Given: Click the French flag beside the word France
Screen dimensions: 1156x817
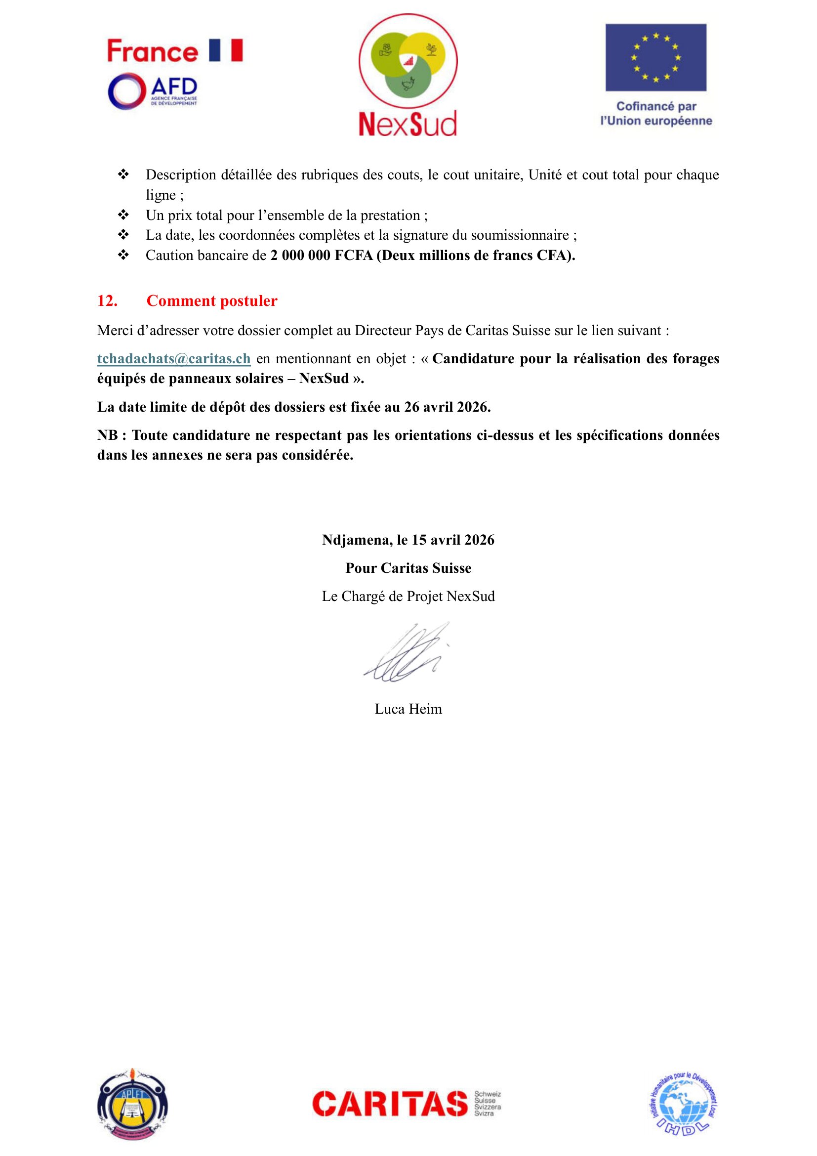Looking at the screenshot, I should [225, 50].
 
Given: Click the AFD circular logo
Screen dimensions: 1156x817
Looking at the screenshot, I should [127, 91].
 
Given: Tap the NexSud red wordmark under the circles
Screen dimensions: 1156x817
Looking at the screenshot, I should [408, 124].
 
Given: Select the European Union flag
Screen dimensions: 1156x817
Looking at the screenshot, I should [655, 57].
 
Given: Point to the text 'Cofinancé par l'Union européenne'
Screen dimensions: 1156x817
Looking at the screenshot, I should [656, 114].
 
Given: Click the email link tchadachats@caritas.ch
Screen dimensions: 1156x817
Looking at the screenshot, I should [173, 358].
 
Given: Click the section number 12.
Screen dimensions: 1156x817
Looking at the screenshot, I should [107, 300].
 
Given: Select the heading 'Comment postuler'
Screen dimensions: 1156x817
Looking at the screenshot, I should [212, 300].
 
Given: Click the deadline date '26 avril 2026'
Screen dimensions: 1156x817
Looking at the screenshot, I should [446, 407].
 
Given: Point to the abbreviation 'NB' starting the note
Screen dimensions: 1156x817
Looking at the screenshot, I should [107, 435].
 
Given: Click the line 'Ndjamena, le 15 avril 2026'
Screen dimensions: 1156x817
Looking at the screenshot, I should [408, 540].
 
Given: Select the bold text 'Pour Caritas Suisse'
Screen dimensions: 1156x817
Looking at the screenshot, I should [408, 568].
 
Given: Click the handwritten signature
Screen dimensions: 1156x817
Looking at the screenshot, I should [407, 652].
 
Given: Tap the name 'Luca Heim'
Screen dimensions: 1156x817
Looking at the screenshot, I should [408, 709].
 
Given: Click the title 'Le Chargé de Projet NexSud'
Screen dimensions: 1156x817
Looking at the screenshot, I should [408, 596].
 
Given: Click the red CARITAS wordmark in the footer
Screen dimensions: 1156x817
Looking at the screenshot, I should [390, 1104].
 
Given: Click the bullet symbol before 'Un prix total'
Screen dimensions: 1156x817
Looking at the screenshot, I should [123, 215].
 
